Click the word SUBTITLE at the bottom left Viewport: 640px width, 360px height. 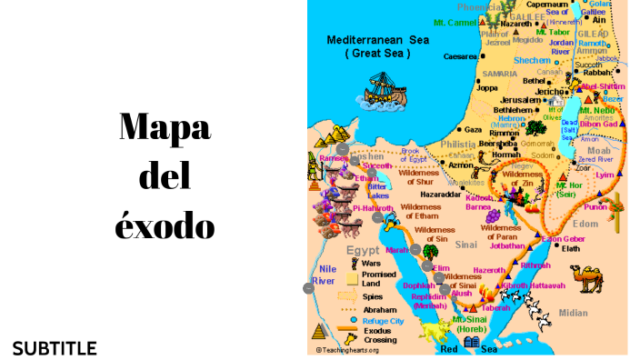tap(55, 348)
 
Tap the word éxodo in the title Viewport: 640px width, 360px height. tap(165, 224)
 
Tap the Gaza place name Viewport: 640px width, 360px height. tap(473, 129)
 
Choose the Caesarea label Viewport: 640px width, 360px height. tap(460, 56)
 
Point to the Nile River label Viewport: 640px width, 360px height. tap(324, 275)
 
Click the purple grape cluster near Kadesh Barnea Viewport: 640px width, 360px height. tap(492, 215)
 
